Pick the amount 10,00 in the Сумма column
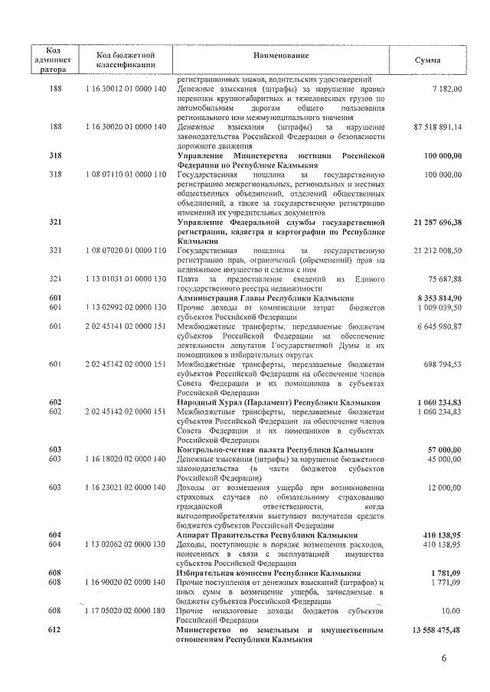pos(452,611)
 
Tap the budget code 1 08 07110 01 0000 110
pos(126,175)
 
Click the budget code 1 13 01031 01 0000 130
pos(126,278)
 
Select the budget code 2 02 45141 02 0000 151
pos(126,327)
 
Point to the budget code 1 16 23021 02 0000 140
pos(126,487)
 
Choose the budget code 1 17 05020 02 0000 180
pos(126,611)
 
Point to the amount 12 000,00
pos(444,487)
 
